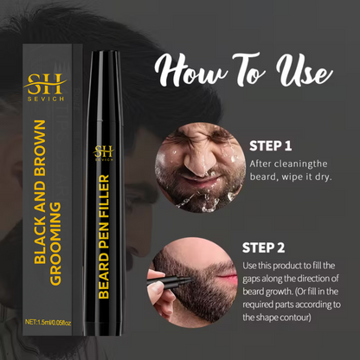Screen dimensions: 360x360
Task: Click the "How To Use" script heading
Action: point(244,71)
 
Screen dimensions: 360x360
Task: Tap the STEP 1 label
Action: point(271,146)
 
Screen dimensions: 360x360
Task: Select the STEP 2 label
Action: point(263,247)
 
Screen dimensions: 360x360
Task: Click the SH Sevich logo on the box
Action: point(46,87)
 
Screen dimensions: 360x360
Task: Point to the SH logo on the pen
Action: point(104,153)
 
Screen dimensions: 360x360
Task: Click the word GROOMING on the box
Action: point(55,244)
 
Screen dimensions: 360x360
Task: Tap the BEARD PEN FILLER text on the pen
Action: point(104,236)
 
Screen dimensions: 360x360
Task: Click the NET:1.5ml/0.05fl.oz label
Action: point(48,322)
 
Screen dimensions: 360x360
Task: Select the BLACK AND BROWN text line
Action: point(40,192)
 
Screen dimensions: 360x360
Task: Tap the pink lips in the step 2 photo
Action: point(227,280)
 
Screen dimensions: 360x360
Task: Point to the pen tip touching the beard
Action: point(190,279)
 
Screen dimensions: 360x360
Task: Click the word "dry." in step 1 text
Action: point(324,177)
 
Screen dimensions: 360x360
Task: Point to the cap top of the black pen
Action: point(106,53)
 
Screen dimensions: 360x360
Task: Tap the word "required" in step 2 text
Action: point(258,305)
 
